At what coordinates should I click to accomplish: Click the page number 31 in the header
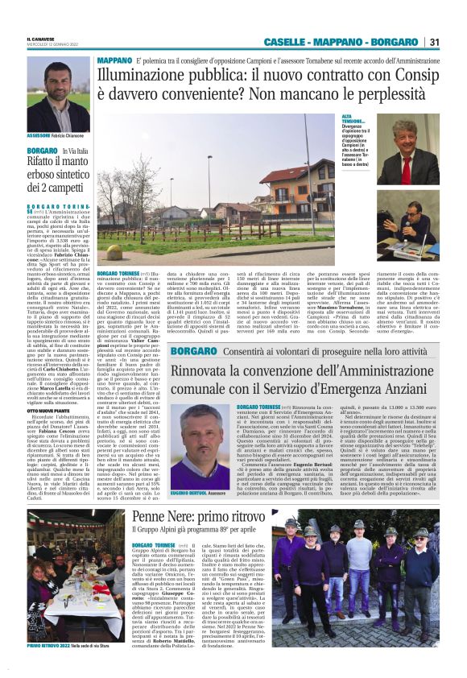(434, 42)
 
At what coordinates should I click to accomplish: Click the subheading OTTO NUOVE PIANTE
(48, 387)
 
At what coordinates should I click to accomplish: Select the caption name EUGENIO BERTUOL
(190, 490)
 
